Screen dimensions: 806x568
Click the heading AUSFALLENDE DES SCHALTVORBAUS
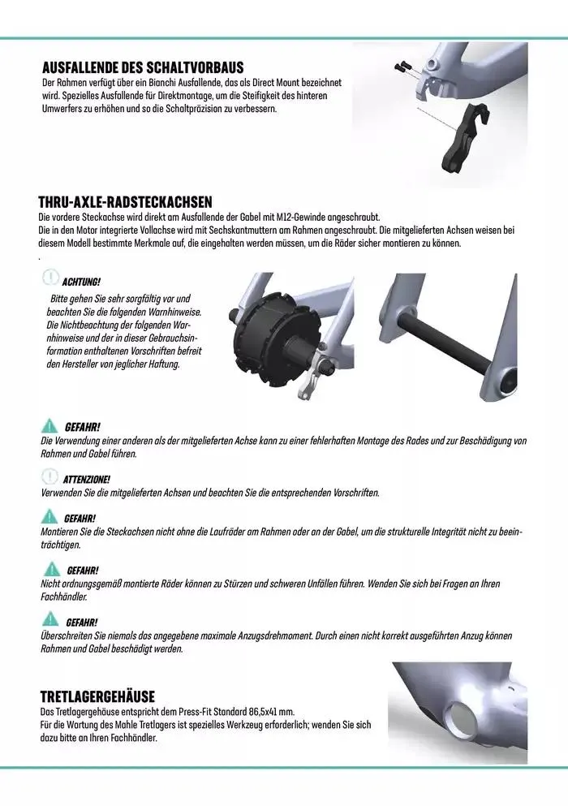(x=142, y=67)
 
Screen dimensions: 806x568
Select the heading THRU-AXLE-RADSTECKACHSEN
(x=126, y=202)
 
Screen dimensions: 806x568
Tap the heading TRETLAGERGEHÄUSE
(x=97, y=696)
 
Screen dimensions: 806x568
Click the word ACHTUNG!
(x=81, y=282)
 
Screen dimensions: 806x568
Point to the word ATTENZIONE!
(x=86, y=480)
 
